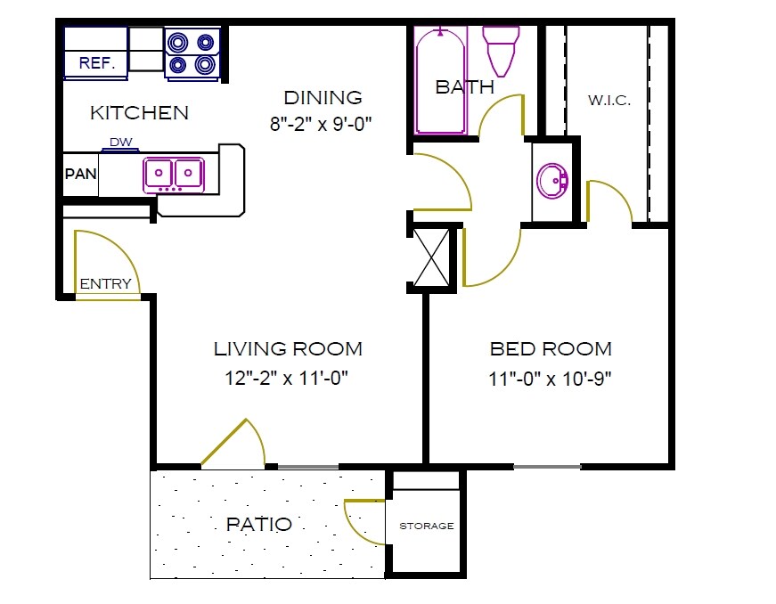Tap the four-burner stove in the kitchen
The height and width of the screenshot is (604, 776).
[x=192, y=53]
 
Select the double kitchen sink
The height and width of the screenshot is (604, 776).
[x=174, y=174]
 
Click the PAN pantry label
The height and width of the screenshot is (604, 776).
[x=80, y=174]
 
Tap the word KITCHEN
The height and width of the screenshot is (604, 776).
[x=140, y=113]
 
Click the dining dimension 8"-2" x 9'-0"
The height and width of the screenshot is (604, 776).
[x=321, y=125]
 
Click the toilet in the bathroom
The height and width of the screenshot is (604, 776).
[x=501, y=51]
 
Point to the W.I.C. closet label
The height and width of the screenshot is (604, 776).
[x=609, y=101]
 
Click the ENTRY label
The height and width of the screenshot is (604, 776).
[x=106, y=284]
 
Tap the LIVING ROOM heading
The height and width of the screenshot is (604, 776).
[x=288, y=348]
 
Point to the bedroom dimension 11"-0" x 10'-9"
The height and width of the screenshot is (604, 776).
[x=550, y=378]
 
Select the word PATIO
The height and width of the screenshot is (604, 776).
[x=258, y=524]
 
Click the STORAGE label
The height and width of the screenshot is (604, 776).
[x=426, y=526]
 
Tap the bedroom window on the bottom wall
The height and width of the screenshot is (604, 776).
[x=547, y=466]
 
